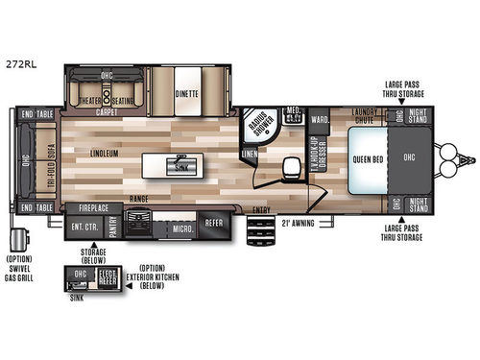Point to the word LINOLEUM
point(96,153)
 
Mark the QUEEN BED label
point(369,160)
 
